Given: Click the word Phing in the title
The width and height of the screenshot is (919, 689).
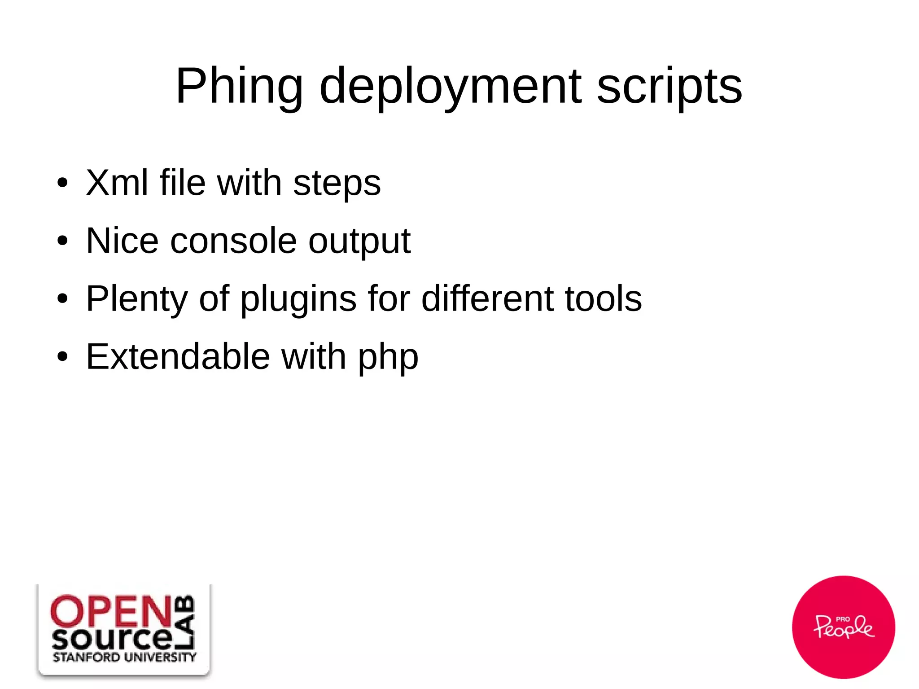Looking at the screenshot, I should (239, 86).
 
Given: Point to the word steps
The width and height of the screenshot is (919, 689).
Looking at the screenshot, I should (337, 184).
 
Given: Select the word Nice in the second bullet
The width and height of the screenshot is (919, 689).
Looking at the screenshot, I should (122, 241).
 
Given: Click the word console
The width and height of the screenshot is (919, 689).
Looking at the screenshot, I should (233, 241).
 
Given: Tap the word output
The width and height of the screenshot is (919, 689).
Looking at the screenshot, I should (359, 242).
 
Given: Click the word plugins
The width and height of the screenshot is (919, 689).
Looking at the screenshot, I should (298, 299).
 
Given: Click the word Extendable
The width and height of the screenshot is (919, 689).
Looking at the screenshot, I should (178, 356).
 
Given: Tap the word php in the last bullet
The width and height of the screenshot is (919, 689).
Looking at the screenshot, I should (388, 358).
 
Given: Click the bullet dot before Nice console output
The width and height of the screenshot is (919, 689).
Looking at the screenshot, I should (62, 241).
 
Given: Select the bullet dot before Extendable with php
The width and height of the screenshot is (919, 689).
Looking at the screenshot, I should (62, 357).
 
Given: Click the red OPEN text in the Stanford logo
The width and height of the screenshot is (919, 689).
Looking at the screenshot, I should (111, 611).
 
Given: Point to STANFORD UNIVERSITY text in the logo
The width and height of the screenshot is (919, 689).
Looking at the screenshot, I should (124, 658).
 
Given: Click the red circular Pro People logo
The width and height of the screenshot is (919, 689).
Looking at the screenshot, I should (843, 627).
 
